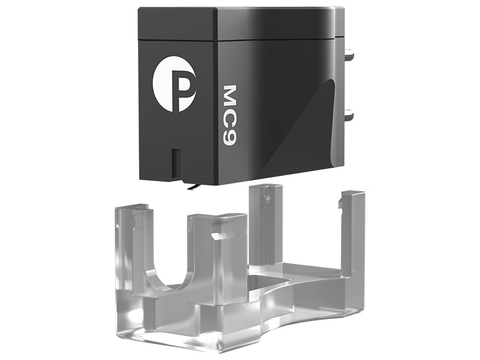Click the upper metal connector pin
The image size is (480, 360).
[x=349, y=56]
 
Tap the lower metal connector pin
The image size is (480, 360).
[x=349, y=115]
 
